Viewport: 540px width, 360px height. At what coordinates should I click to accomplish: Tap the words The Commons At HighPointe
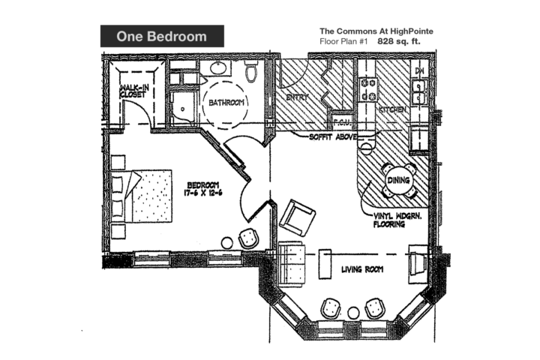point(376,31)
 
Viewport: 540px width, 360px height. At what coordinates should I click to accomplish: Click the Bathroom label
point(226,103)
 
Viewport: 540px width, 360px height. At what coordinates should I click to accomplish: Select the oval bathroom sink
point(220,69)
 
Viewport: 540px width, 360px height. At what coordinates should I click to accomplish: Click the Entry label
point(298,97)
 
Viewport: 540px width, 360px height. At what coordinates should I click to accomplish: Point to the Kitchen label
point(393,109)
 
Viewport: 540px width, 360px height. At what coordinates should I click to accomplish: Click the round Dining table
point(398,180)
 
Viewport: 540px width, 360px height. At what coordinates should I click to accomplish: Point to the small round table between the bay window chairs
point(352,311)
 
